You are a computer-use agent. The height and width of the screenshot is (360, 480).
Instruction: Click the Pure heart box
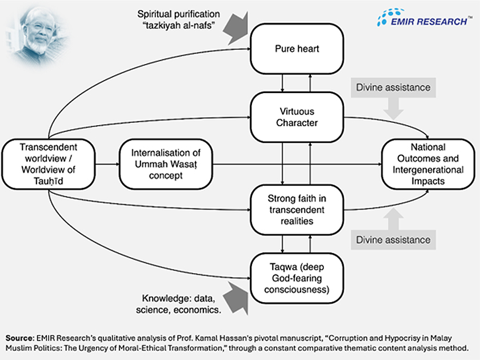click(297, 49)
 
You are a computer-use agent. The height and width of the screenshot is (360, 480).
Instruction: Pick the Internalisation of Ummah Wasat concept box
click(165, 164)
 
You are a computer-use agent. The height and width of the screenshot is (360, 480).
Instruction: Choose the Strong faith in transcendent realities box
click(297, 209)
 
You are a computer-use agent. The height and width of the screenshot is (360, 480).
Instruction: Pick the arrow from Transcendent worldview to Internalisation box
click(107, 164)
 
